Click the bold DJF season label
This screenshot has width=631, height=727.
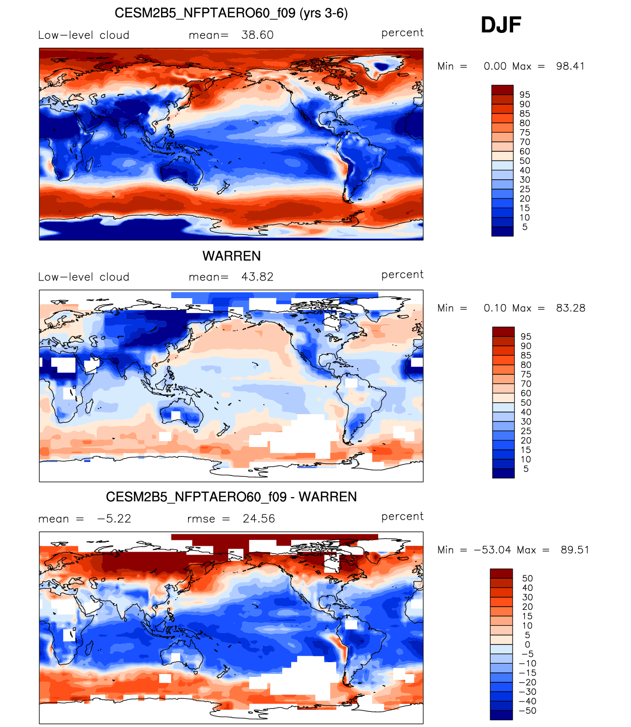pos(500,25)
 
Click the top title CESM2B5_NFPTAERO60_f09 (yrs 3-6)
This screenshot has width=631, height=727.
pos(231,13)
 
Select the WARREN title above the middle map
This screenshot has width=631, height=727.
pos(231,256)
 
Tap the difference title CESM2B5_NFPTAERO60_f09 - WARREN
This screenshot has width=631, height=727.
pos(231,497)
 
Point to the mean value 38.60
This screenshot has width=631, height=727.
pos(257,35)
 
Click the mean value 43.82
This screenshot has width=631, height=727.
pos(257,277)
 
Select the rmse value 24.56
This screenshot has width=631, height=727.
pos(258,518)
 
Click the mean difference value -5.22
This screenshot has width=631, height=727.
pos(114,518)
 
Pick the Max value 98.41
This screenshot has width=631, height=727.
pos(570,66)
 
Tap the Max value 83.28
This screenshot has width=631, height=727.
pos(570,308)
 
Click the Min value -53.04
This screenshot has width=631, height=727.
pos(492,550)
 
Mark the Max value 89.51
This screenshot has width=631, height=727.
pos(575,550)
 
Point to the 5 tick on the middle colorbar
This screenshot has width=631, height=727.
pos(525,469)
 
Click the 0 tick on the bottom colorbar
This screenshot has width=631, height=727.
pos(527,644)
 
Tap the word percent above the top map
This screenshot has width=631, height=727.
pos(402,33)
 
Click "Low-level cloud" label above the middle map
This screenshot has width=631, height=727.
pos(83,277)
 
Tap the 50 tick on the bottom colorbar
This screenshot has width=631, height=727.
pos(527,578)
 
